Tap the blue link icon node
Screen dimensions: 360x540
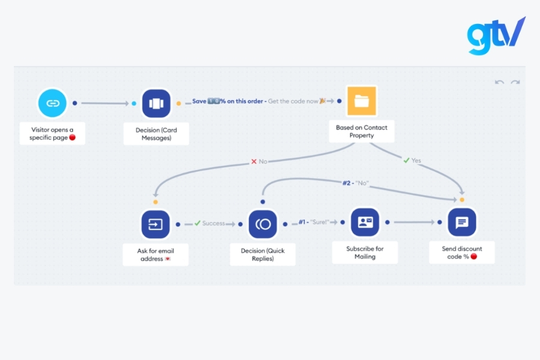[x=53, y=103]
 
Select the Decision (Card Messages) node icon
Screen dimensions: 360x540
[x=156, y=103]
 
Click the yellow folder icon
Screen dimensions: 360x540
[x=361, y=101]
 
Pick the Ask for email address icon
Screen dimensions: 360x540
[x=155, y=224]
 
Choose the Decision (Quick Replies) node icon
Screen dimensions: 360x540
[x=263, y=224]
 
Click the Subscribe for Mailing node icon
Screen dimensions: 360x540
[x=365, y=223]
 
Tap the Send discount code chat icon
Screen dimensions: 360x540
[x=462, y=223]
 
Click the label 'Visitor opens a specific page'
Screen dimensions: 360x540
[x=53, y=133]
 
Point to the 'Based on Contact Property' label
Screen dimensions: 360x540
[x=361, y=131]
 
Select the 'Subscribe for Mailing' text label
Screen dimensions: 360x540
[x=365, y=253]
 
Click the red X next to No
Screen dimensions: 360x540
[x=254, y=161]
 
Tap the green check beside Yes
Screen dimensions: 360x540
[x=406, y=160]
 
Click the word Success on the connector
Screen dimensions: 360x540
[x=214, y=223]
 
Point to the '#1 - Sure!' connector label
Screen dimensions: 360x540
[x=314, y=222]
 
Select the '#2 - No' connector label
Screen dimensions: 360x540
[x=355, y=183]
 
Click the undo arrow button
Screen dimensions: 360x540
[x=499, y=82]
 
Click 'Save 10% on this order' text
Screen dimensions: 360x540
[x=228, y=101]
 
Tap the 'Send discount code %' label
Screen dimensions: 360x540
[x=461, y=253]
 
